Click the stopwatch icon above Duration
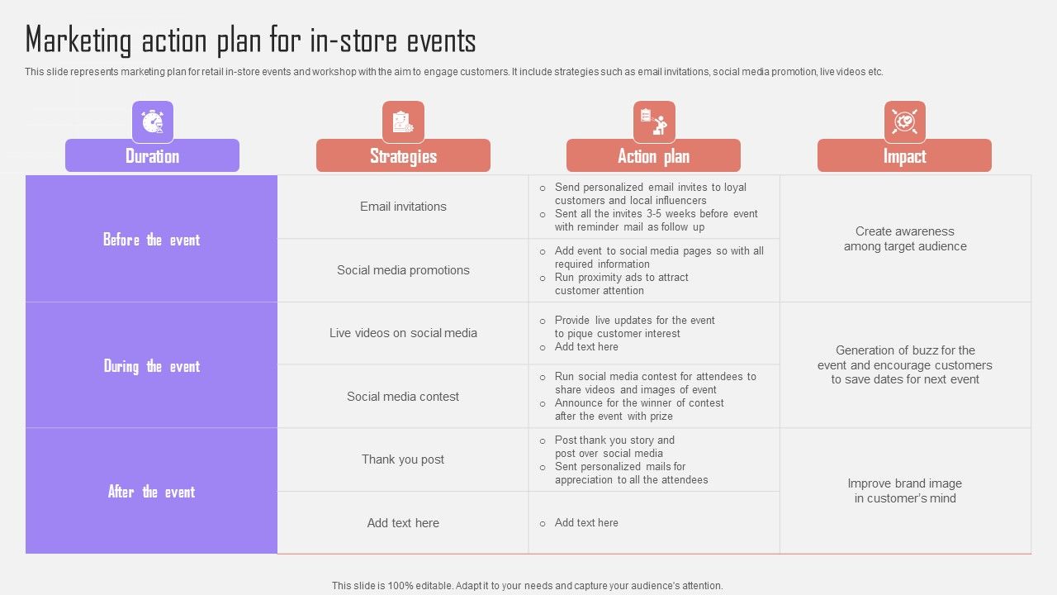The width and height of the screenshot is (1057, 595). (x=153, y=121)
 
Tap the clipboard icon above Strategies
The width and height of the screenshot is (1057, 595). (x=403, y=121)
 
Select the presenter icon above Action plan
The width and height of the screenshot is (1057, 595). (x=653, y=121)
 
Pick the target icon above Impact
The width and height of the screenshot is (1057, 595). (x=904, y=121)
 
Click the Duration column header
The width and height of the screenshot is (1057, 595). (x=153, y=155)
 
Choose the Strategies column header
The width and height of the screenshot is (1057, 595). (x=404, y=155)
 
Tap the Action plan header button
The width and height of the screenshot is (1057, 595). (x=653, y=155)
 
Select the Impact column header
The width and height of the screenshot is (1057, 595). (x=904, y=155)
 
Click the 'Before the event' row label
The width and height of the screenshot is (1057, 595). (x=151, y=240)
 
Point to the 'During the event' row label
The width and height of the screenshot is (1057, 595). (x=151, y=366)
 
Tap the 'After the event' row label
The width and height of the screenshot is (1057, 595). (x=151, y=492)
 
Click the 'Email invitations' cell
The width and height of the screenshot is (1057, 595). (x=403, y=207)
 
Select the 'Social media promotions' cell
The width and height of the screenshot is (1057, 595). (x=403, y=270)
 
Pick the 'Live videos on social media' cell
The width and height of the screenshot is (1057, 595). (x=403, y=333)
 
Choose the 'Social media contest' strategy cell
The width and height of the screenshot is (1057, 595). (x=403, y=397)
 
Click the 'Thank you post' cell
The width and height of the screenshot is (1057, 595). (x=403, y=459)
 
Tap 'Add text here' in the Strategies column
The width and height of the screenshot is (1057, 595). (x=403, y=523)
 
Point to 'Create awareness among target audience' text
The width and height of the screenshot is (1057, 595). (x=905, y=239)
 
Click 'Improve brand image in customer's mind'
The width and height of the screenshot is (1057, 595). (x=905, y=491)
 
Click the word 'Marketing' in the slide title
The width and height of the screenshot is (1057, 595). (x=78, y=41)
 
